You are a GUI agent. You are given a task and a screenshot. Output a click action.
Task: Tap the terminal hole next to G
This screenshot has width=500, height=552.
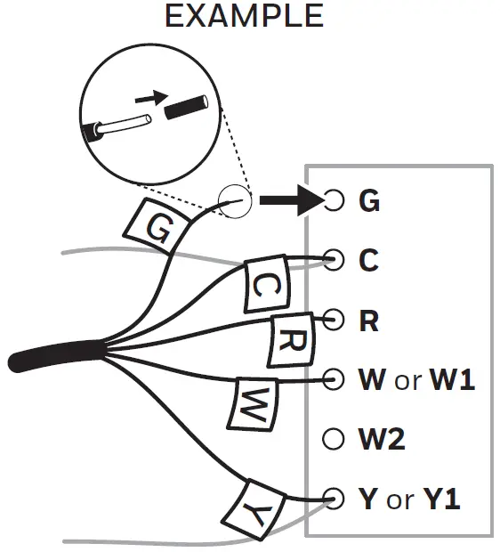334,200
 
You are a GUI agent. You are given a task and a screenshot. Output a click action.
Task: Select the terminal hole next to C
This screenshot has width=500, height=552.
334,260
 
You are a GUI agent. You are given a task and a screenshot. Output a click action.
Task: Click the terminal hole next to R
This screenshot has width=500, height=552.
334,320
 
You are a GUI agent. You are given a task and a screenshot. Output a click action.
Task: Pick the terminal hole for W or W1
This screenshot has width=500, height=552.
334,379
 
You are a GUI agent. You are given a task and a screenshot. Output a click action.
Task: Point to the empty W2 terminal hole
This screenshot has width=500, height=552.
334,438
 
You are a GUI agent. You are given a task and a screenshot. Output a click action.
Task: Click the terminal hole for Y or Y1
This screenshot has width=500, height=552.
334,498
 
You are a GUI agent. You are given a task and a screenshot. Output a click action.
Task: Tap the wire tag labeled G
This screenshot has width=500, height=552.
158,228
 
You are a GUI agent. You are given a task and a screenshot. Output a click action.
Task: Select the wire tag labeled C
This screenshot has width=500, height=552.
266,286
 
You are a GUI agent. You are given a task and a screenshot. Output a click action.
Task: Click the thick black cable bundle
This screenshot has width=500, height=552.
53,355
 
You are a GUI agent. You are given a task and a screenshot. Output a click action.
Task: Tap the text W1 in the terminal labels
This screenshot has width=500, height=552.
452,380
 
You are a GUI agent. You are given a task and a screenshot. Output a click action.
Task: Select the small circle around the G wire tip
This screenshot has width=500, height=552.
236,201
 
